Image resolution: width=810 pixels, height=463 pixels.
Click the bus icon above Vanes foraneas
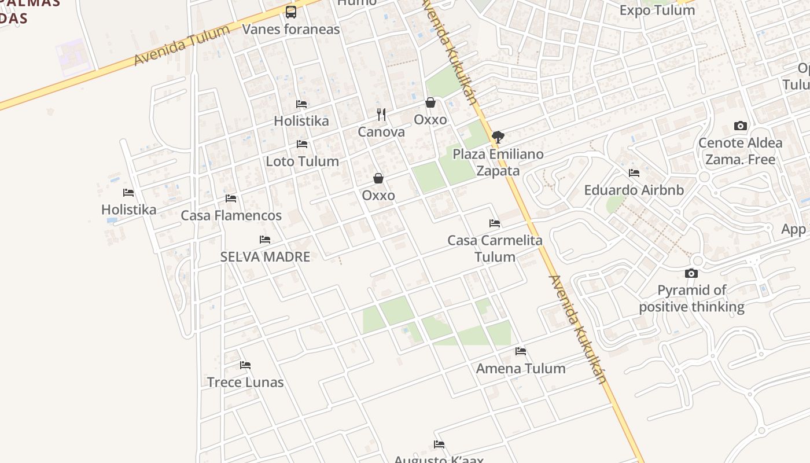[291, 12]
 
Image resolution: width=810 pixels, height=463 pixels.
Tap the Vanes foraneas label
[291, 29]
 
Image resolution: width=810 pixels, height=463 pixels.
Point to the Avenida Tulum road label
[181, 46]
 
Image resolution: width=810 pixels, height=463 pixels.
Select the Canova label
[381, 132]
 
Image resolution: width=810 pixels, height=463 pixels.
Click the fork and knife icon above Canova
[381, 114]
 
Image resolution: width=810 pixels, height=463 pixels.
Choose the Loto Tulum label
[302, 161]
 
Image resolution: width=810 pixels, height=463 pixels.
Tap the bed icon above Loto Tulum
[301, 144]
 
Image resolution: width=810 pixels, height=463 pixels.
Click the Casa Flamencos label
[231, 215]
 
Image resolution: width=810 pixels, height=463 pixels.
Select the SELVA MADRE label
[265, 256]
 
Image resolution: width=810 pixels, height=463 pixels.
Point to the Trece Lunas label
[245, 382]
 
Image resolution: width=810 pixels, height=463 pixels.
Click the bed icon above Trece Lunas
[245, 365]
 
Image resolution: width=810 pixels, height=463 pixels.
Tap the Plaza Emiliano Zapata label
[498, 162]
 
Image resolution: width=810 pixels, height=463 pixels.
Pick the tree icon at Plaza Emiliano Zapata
[498, 137]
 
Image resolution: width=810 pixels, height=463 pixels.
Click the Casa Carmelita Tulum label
[495, 248]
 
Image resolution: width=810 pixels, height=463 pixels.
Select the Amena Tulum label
[521, 368]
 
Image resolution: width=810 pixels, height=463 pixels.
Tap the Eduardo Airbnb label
[634, 190]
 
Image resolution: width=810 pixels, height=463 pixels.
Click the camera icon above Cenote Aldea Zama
[740, 126]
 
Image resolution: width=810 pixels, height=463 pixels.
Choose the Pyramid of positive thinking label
[691, 298]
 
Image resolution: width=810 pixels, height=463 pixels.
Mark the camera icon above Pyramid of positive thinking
[691, 273]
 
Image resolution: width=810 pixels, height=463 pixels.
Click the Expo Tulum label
[657, 10]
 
